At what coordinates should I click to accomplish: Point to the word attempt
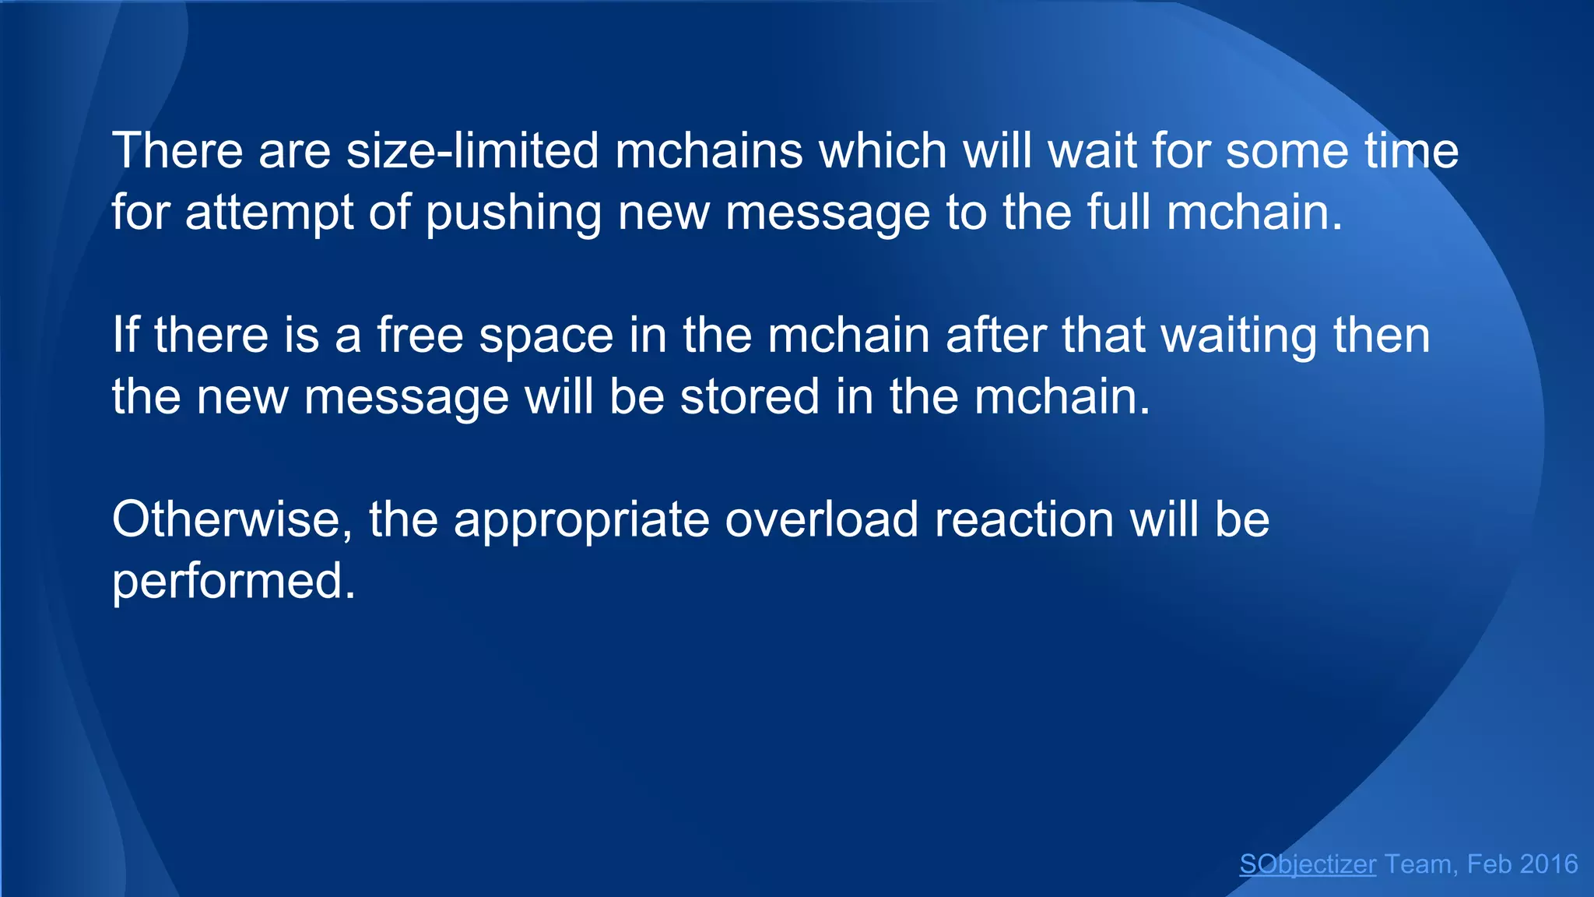pyautogui.click(x=269, y=213)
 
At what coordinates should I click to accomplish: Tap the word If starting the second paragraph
pyautogui.click(x=125, y=335)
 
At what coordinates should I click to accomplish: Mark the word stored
pyautogui.click(x=750, y=396)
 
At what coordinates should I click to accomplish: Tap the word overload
pyautogui.click(x=822, y=519)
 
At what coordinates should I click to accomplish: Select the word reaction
pyautogui.click(x=1024, y=519)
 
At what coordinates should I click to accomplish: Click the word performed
pyautogui.click(x=233, y=582)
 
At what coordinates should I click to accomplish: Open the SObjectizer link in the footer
pyautogui.click(x=1308, y=864)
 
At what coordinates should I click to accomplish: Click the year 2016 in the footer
pyautogui.click(x=1548, y=864)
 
